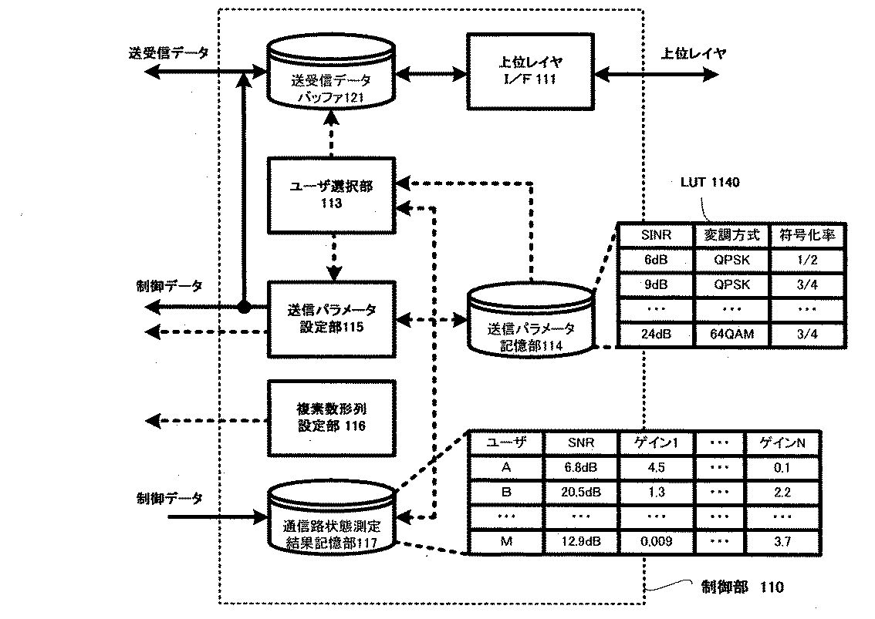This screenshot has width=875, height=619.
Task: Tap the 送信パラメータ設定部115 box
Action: click(331, 318)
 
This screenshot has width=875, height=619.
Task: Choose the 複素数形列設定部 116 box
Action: click(331, 417)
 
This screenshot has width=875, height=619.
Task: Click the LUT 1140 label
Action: click(709, 183)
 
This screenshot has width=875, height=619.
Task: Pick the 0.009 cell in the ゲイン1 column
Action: click(655, 541)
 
